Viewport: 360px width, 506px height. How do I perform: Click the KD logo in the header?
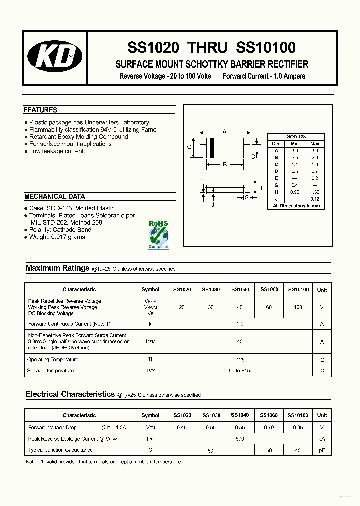coord(55,57)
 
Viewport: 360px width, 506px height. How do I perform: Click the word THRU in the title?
coord(207,48)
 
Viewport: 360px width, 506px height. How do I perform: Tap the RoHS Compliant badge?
coord(159,234)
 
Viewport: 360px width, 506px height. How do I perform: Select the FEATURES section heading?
coord(40,110)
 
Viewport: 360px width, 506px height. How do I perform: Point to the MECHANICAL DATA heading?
coord(55,197)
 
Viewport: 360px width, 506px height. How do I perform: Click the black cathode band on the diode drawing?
coord(212,148)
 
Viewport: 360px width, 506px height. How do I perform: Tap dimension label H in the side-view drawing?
coord(260,188)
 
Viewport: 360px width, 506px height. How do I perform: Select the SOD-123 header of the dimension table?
coord(296,137)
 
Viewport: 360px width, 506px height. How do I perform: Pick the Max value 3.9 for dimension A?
coord(315,150)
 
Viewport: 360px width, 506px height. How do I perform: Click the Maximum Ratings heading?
coord(57,268)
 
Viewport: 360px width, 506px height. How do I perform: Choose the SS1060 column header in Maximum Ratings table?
coord(269,289)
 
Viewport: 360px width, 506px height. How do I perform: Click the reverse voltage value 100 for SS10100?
coord(298,307)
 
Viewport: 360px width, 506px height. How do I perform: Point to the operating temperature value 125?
coord(240,360)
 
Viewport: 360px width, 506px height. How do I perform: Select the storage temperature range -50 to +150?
coord(240,371)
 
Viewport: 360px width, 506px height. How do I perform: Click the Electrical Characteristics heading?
coord(70,394)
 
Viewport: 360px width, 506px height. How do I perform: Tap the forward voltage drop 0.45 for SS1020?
coord(182,428)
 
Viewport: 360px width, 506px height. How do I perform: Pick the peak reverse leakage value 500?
coord(240,439)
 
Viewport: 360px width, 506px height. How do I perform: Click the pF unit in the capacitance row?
coord(322,451)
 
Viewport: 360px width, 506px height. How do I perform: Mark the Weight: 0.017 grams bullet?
coord(57,237)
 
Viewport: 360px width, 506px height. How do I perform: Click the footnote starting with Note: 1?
coord(104,462)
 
